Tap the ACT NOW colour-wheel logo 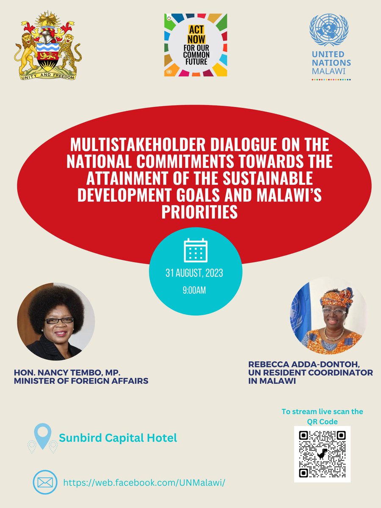[196, 45]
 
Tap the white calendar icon [196, 250]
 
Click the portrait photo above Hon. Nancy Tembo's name [56, 321]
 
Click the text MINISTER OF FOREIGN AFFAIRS [81, 381]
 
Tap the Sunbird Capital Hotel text [118, 438]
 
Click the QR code [322, 453]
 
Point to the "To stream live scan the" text [322, 411]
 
